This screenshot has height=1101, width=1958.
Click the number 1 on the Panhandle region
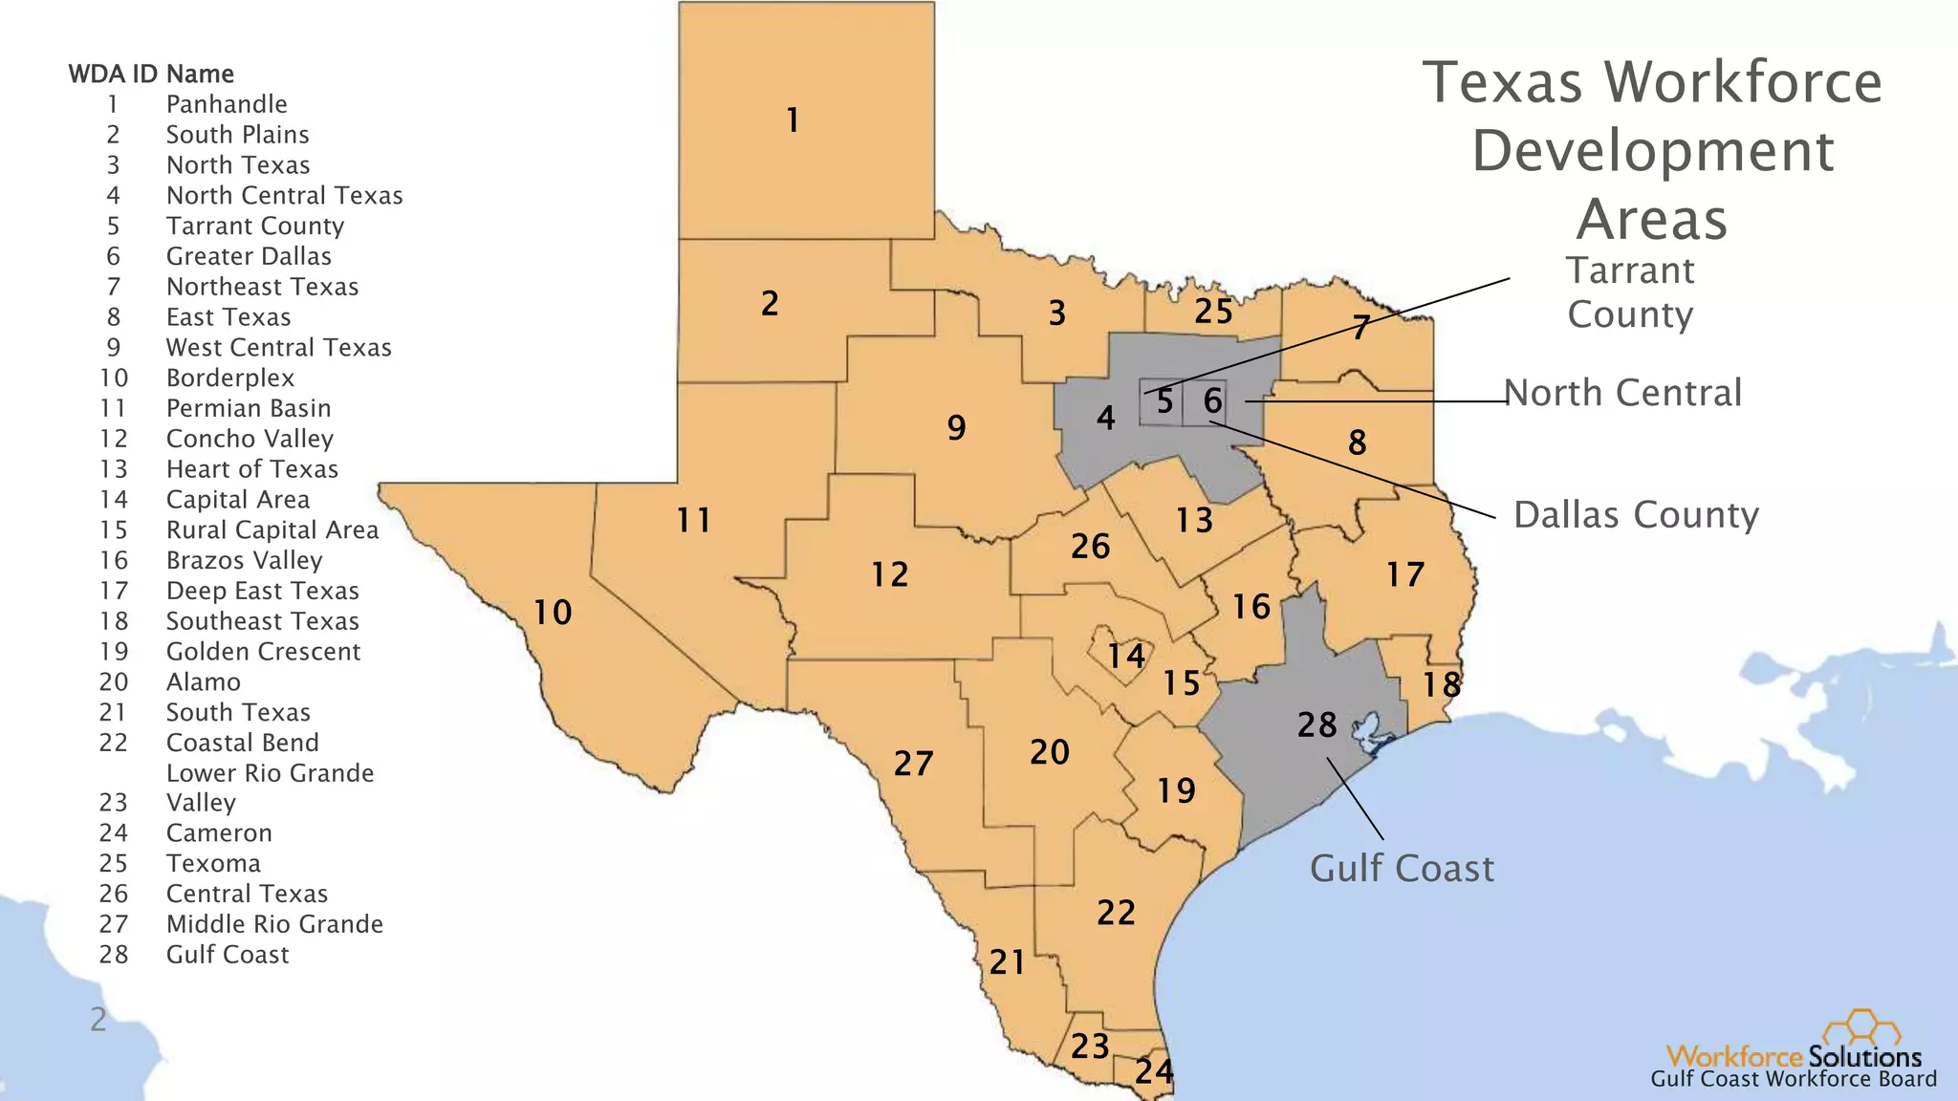pos(793,120)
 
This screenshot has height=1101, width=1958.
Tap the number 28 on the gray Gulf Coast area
pos(1316,725)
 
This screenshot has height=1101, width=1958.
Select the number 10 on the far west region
pos(553,613)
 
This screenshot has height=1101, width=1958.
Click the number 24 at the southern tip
pos(1154,1071)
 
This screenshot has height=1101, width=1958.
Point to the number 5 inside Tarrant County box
pos(1164,401)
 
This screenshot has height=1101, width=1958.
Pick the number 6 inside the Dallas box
pos(1212,400)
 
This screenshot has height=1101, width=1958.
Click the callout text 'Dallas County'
pos(1636,515)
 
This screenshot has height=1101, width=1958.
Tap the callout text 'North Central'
pos(1622,393)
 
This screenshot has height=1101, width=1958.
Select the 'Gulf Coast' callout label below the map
pos(1402,869)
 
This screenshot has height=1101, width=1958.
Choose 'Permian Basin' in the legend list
pos(249,408)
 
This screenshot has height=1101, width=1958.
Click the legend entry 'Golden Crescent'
pos(263,652)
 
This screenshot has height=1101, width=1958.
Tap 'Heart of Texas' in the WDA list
pos(252,469)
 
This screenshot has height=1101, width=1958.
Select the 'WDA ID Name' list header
pos(151,74)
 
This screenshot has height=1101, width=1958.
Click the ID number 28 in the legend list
pos(114,955)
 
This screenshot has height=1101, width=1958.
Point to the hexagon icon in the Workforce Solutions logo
pos(1860,1029)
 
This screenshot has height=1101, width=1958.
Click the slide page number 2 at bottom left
pos(98,1020)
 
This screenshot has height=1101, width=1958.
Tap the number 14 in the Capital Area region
pos(1126,656)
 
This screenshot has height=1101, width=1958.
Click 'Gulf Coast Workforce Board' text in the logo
pos(1794,1080)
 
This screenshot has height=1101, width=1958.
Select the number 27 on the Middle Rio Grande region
pos(913,764)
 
